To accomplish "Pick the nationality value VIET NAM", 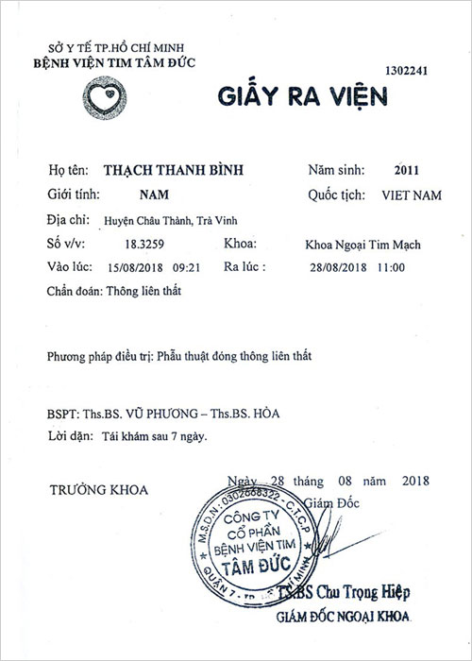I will point(396,197).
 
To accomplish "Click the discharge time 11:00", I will point(390,267).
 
